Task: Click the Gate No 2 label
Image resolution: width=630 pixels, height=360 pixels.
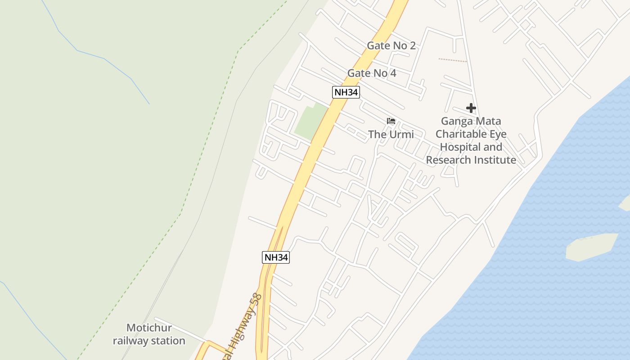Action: point(391,45)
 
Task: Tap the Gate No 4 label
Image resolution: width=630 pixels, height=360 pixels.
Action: point(372,73)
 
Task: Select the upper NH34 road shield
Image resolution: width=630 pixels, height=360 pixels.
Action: point(346,92)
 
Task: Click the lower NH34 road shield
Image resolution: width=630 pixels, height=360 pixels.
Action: point(275,257)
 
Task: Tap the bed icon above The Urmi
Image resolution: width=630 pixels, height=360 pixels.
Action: point(391,121)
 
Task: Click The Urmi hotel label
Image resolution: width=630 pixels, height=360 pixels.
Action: point(391,134)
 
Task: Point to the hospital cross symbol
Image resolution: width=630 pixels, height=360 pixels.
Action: point(471,108)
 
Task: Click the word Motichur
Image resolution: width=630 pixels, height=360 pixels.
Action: point(149,328)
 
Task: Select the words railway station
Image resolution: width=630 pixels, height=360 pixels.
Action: point(149,341)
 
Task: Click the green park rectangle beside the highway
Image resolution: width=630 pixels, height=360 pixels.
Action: point(311,121)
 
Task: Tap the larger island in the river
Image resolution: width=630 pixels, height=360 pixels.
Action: point(592,246)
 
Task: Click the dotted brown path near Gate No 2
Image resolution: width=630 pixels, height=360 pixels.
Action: point(453,60)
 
